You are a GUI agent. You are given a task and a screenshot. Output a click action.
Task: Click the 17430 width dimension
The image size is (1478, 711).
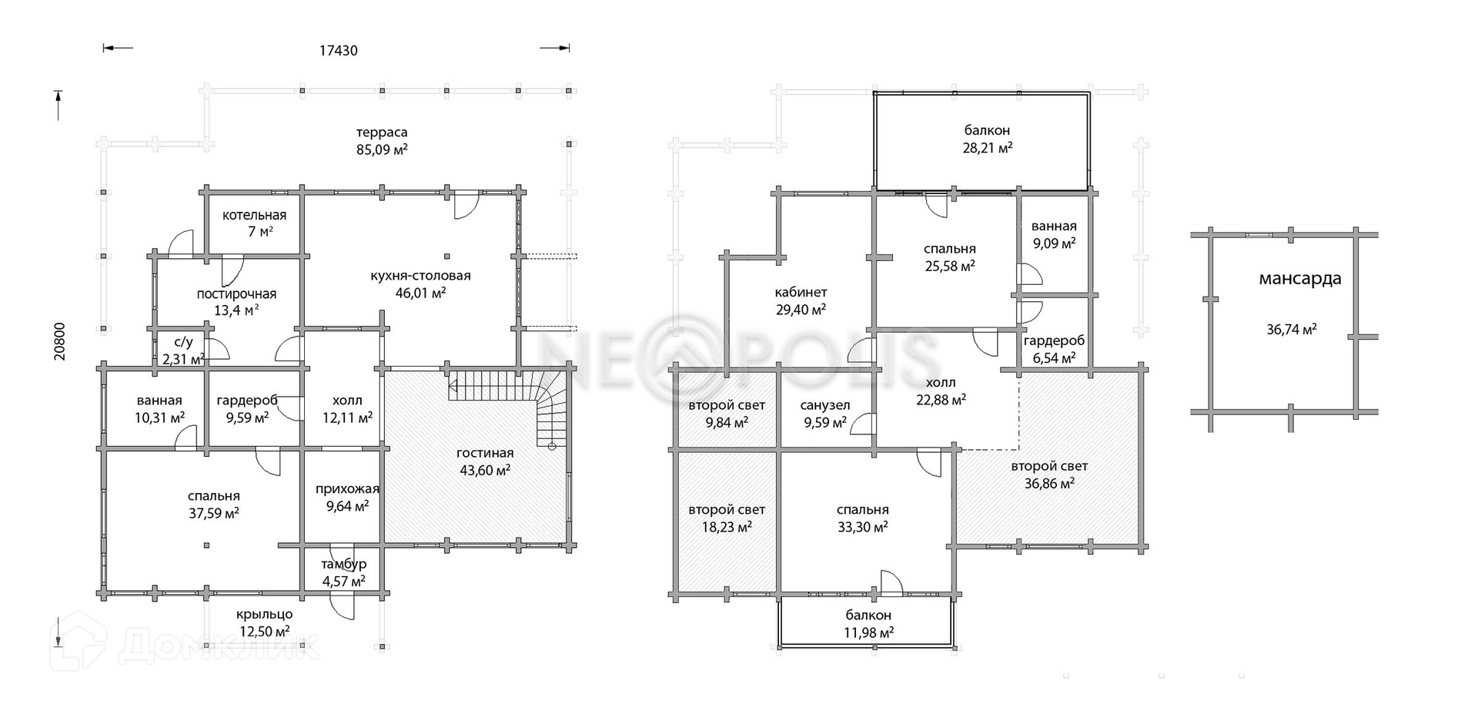click(x=338, y=51)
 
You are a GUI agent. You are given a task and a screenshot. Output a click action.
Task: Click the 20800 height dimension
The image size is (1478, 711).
click(x=60, y=340)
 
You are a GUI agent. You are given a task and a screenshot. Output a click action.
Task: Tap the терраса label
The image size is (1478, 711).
click(x=382, y=132)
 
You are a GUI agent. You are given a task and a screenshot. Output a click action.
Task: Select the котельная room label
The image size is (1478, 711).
click(x=254, y=216)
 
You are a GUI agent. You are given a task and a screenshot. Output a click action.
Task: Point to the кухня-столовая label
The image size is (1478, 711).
click(x=420, y=276)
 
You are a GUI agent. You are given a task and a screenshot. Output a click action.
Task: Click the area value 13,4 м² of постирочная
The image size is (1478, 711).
click(x=236, y=310)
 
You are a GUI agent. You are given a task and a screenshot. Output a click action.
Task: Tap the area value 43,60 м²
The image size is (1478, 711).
click(x=484, y=470)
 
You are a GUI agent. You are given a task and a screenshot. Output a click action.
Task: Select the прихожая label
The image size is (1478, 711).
click(x=347, y=489)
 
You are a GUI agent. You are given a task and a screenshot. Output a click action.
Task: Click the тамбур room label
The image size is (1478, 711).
click(x=344, y=565)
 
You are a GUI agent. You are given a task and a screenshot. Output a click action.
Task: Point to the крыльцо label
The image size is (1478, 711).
click(x=265, y=615)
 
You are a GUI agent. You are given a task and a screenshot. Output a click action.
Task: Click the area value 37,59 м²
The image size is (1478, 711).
click(x=214, y=513)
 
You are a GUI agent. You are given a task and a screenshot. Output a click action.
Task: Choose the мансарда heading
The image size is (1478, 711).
click(x=1299, y=279)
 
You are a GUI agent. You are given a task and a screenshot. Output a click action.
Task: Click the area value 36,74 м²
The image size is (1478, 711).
click(x=1291, y=330)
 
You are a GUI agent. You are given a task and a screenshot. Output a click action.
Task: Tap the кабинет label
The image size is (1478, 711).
click(x=801, y=293)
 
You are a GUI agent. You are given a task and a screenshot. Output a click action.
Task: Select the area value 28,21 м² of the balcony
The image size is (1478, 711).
click(x=987, y=148)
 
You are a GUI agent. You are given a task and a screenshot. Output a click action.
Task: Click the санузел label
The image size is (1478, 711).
click(x=824, y=405)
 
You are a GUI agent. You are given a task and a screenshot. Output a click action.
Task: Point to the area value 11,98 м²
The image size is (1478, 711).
click(x=868, y=633)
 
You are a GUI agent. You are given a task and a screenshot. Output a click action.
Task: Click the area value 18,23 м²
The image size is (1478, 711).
click(x=727, y=527)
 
